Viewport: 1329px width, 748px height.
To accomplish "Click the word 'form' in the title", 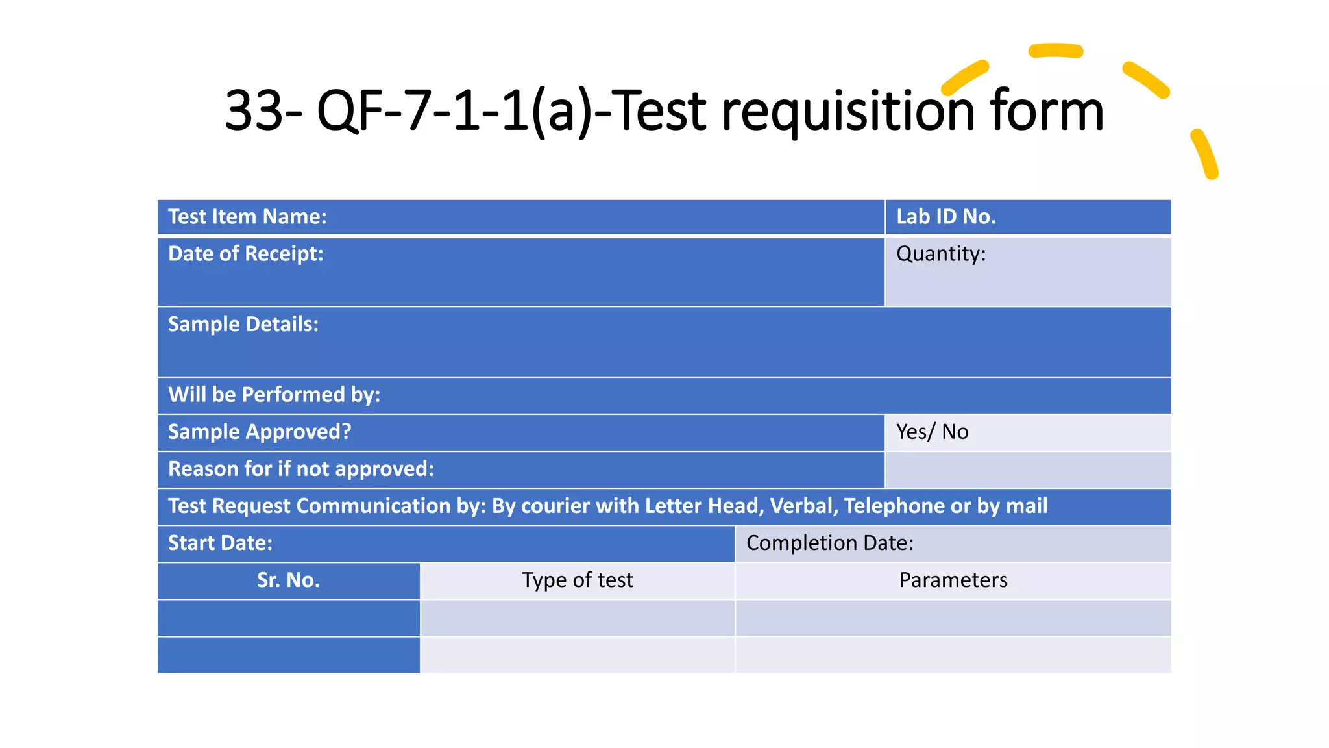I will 1047,111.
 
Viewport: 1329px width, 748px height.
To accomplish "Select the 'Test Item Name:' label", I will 247,217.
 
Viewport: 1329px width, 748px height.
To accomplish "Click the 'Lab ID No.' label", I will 945,217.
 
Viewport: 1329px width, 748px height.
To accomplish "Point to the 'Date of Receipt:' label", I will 245,254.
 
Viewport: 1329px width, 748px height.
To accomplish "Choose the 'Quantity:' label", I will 940,254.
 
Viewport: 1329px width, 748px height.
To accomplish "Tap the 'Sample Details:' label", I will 243,325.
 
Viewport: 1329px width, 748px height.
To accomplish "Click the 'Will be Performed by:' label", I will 274,395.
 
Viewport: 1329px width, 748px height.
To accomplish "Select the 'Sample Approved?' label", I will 260,432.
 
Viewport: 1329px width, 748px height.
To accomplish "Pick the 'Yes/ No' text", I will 932,432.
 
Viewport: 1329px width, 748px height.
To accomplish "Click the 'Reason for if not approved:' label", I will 301,469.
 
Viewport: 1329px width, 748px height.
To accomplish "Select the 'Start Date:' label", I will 220,543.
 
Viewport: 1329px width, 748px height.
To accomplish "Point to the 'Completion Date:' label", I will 829,543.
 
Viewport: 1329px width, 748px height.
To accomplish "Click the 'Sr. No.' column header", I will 288,580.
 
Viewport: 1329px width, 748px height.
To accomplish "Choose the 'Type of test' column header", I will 578,580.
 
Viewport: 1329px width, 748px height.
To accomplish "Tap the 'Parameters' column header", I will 953,580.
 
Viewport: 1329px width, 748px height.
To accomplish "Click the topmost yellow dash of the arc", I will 1056,51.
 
